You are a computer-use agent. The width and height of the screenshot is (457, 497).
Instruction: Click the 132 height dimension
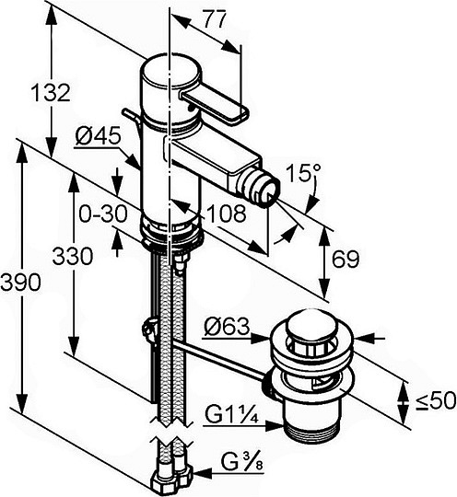[51, 92]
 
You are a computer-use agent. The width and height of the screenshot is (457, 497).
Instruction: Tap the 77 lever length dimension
[215, 19]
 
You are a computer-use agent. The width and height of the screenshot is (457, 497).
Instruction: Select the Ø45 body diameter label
[99, 136]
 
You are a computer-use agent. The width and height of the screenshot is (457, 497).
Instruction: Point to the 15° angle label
[303, 172]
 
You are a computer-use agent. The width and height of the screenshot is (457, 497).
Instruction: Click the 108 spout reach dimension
[227, 214]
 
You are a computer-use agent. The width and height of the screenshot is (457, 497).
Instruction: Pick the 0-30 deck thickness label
[103, 214]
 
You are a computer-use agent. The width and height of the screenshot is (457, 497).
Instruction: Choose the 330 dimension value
[73, 256]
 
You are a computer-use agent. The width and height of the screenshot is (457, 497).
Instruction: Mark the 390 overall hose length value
[20, 283]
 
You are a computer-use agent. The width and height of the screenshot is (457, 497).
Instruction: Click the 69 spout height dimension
[346, 259]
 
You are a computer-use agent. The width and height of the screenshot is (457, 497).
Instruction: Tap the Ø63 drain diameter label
[227, 327]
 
